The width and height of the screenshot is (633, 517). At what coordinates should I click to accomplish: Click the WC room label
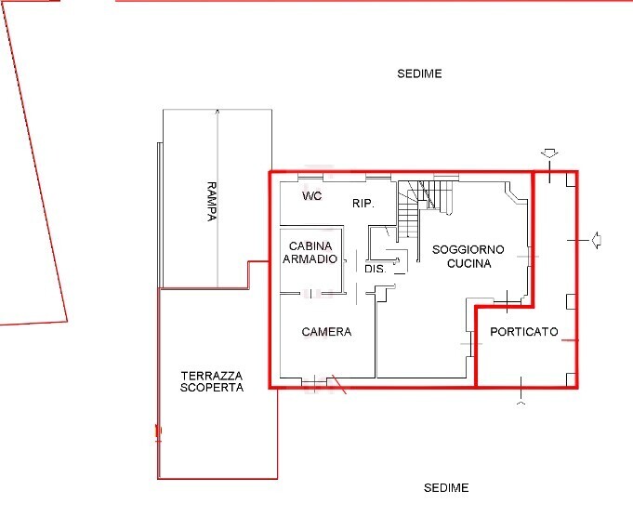[x=312, y=196]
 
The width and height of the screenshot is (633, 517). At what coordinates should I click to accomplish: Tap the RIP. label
[x=363, y=204]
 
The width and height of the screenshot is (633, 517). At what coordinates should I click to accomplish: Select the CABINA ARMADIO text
[x=310, y=252]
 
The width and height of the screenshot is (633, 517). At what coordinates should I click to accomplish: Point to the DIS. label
[x=375, y=269]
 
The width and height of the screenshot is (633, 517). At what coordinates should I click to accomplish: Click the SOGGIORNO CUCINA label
[x=468, y=257]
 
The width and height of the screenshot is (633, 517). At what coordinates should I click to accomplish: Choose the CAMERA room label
[x=326, y=332]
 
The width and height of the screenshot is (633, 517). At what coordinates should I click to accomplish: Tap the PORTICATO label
[x=524, y=332]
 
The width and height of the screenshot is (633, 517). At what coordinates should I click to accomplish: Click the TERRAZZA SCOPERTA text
[x=212, y=381]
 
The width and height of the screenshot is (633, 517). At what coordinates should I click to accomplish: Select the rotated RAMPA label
[x=212, y=201]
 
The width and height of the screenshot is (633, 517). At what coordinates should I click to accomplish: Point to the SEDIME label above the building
[x=419, y=73]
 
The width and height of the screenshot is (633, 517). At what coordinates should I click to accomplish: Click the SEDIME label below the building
[x=446, y=487]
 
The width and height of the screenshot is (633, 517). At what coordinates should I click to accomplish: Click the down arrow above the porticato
[x=549, y=153]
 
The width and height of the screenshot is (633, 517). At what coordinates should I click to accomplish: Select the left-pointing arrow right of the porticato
[x=596, y=240]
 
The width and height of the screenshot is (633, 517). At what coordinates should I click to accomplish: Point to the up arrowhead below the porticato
[x=521, y=404]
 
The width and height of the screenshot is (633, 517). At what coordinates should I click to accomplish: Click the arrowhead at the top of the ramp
[x=218, y=111]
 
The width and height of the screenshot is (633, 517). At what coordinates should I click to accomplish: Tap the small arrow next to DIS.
[x=393, y=260]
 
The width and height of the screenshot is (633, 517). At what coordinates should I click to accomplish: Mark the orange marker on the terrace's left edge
[x=158, y=431]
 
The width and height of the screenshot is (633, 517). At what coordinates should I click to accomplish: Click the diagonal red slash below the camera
[x=338, y=385]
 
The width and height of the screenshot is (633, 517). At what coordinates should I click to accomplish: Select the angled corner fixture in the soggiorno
[x=516, y=193]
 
